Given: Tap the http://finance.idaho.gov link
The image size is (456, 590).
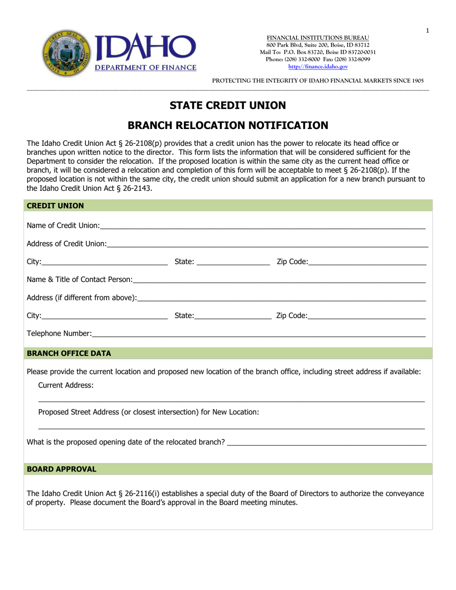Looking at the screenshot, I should click(x=318, y=67).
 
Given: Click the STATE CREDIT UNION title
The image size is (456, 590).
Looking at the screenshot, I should click(x=228, y=105).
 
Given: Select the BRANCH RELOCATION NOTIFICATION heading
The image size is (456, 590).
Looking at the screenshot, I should click(x=228, y=126).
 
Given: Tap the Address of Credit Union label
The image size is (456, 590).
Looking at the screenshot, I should click(x=66, y=244).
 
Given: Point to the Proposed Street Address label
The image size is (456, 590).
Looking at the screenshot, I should click(x=148, y=412).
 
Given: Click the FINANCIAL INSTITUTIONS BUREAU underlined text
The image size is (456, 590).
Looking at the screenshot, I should click(x=318, y=38).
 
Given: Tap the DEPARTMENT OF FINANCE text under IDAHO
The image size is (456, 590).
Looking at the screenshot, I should click(x=144, y=68).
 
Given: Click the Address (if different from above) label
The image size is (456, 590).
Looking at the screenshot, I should click(x=81, y=298).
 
